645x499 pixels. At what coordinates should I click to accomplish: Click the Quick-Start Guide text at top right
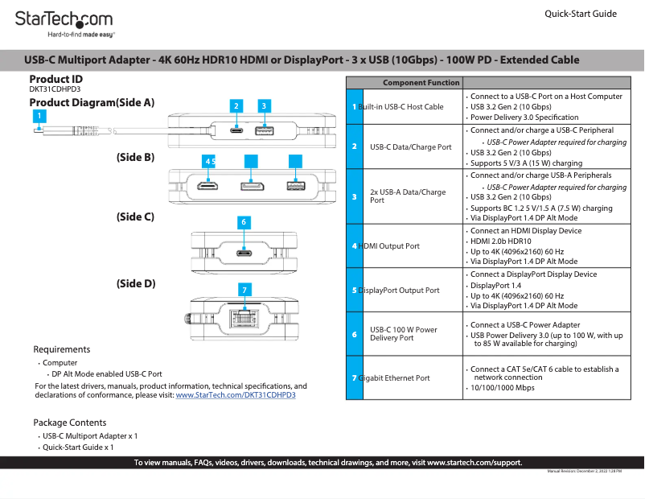581,14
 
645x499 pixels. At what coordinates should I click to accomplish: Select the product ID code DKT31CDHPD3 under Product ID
55,89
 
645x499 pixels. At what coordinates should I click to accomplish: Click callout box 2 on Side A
236,105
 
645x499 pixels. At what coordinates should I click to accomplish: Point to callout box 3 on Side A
263,105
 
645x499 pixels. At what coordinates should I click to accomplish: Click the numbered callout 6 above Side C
243,221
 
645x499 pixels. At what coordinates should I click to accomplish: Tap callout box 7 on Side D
246,289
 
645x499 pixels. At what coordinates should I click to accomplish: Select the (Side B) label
135,158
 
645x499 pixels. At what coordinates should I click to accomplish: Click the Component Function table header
421,83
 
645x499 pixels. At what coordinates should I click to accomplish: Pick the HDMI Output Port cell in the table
388,246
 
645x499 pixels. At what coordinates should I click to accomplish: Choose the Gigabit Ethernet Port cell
393,378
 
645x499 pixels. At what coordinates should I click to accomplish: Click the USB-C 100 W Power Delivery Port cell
404,334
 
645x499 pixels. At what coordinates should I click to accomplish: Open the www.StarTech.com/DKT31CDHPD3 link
236,395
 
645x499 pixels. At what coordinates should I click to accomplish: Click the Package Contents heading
69,423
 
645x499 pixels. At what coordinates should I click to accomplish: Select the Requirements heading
61,349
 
